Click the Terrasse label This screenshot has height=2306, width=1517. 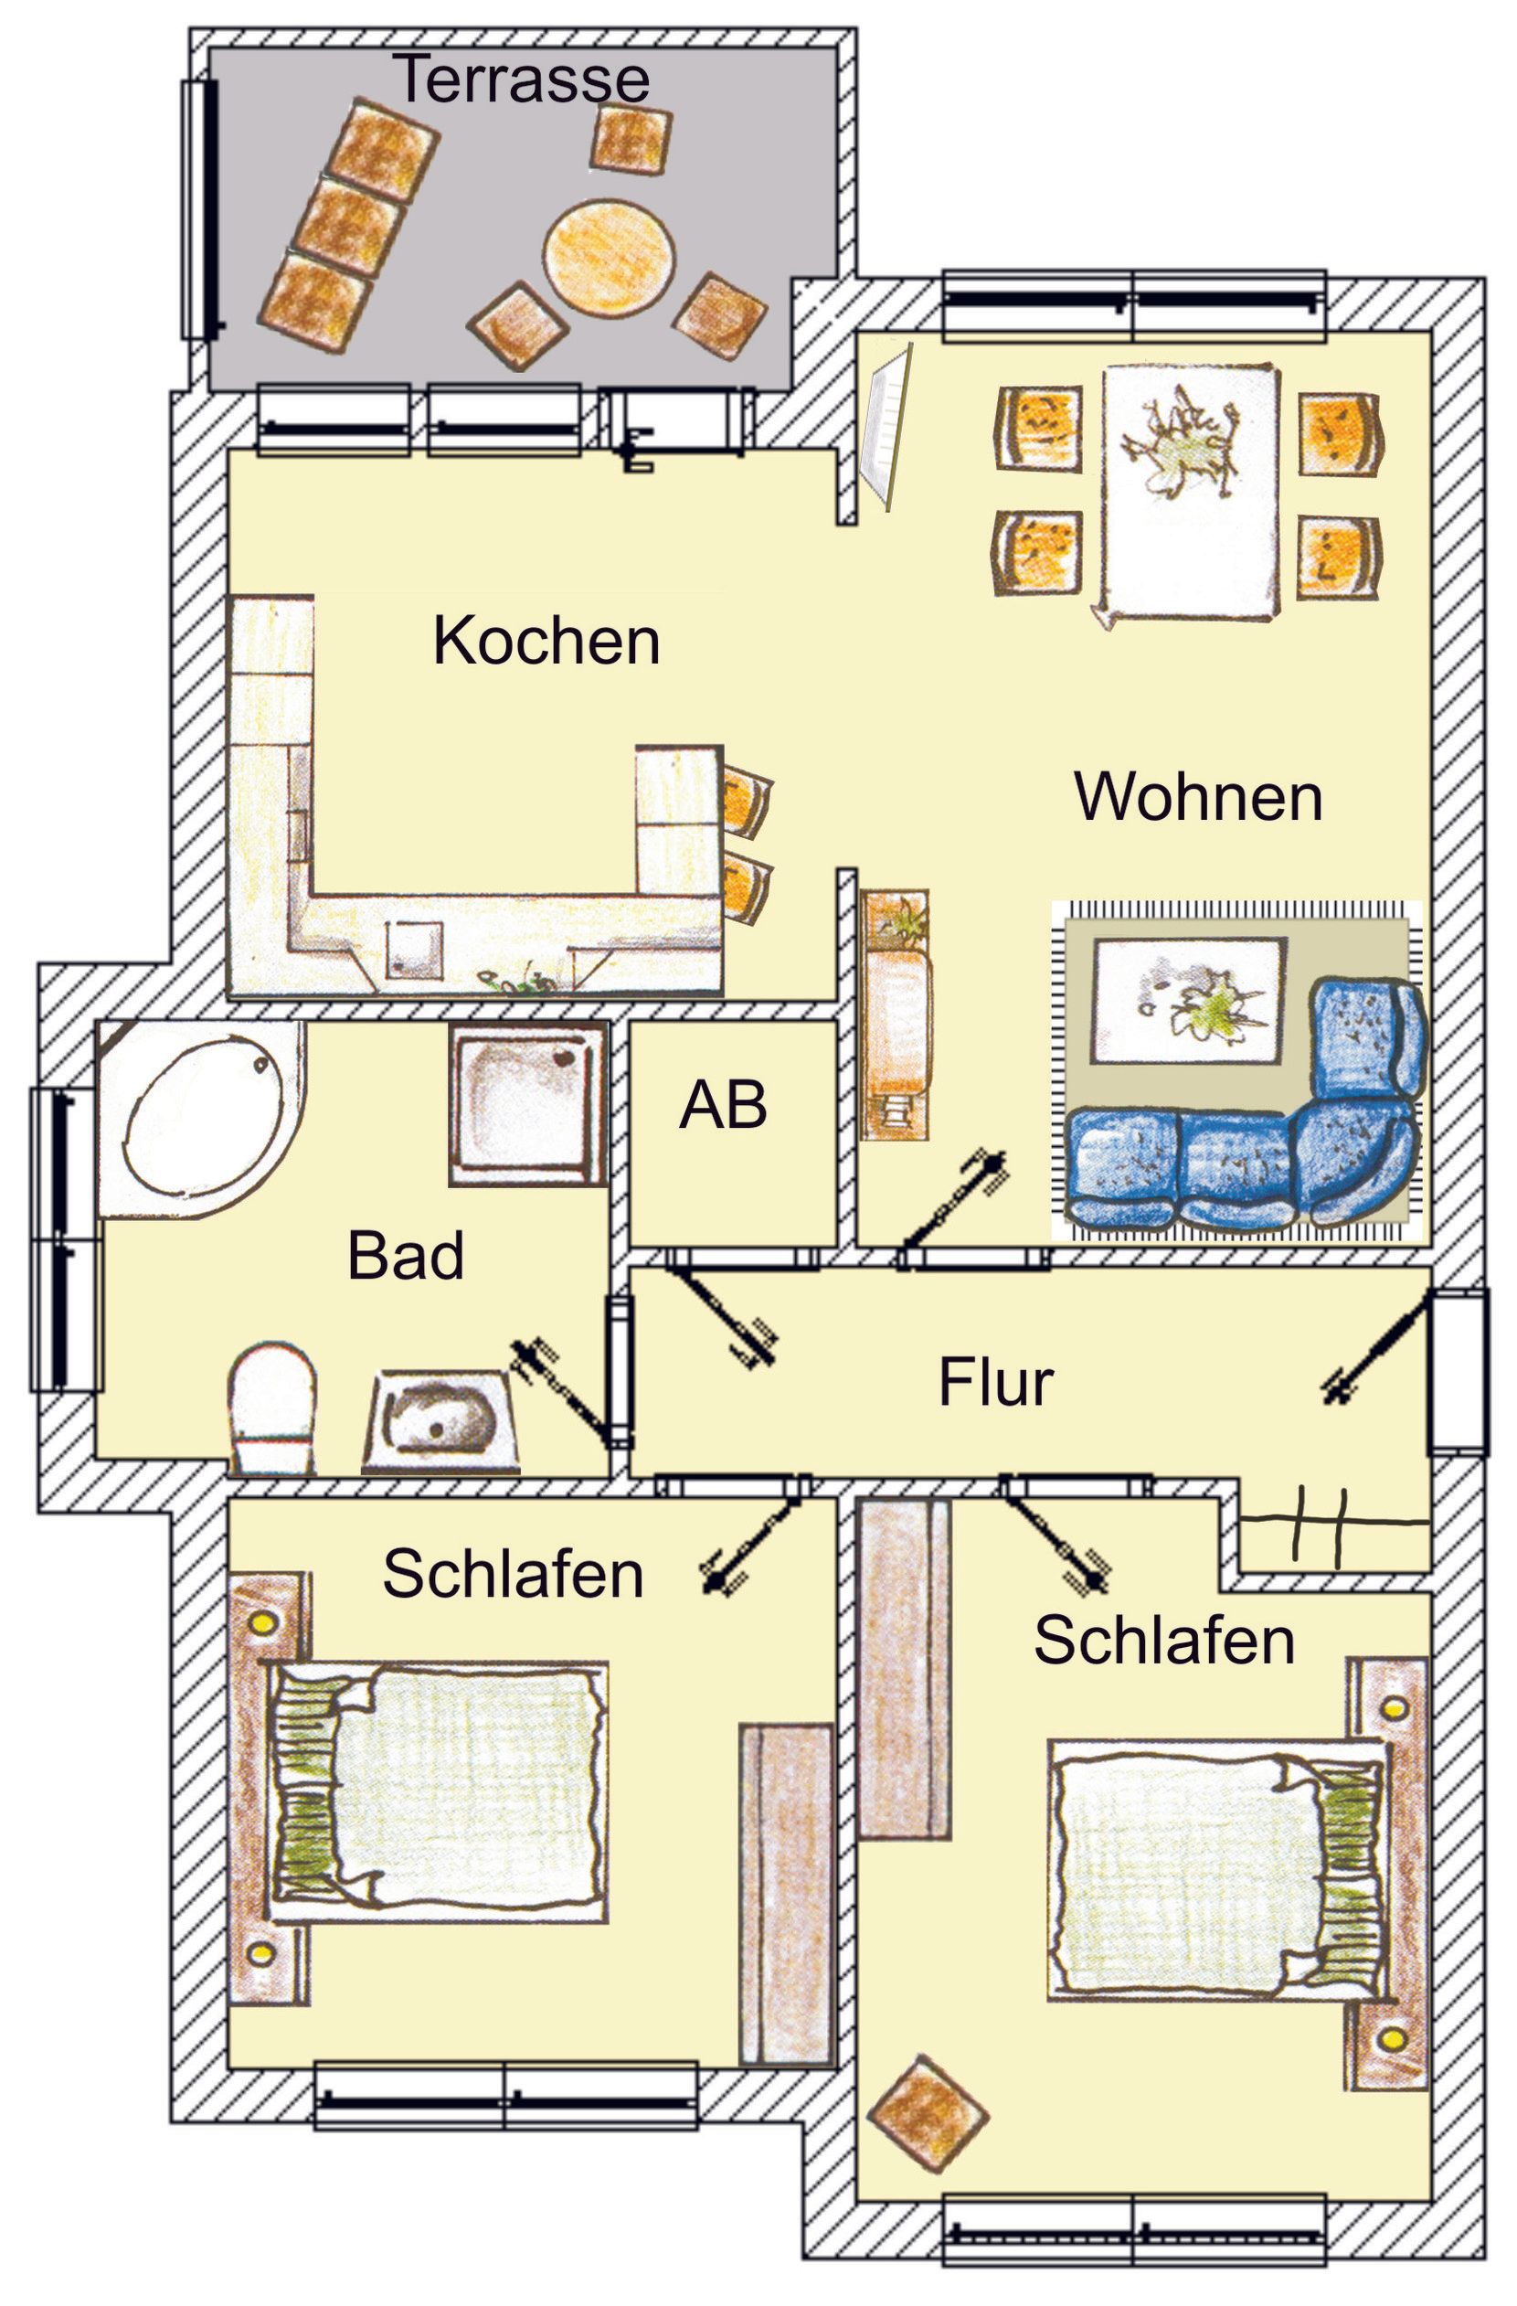[x=520, y=79]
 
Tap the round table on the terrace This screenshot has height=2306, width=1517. [x=609, y=256]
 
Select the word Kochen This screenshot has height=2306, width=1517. [x=546, y=641]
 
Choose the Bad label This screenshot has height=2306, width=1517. [x=406, y=1256]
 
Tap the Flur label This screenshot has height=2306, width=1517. [x=995, y=1383]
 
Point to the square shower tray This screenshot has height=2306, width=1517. [x=528, y=1102]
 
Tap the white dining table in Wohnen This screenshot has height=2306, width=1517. [x=1190, y=494]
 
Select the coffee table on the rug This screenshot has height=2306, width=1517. [x=1190, y=1001]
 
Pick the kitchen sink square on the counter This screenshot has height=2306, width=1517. [x=416, y=949]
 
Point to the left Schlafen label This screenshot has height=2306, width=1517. [x=514, y=1574]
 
